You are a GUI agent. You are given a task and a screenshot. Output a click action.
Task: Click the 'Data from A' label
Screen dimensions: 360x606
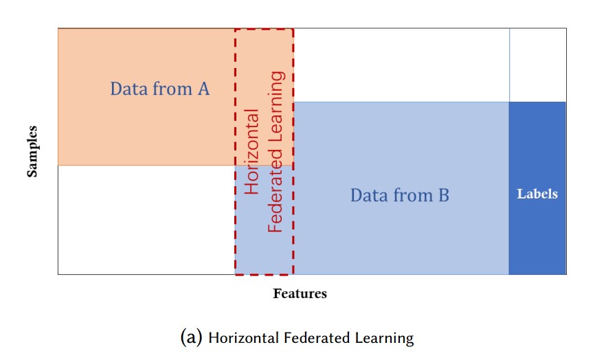[159, 89]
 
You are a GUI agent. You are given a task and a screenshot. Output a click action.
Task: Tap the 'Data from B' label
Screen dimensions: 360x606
[399, 195]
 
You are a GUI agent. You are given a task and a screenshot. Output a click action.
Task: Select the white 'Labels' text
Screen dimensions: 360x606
[537, 194]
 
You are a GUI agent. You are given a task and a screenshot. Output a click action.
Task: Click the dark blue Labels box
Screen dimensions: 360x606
[537, 227]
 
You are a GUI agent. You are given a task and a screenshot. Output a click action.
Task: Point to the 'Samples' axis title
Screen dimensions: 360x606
[32, 152]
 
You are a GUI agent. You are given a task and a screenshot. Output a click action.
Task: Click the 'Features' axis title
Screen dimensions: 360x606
[300, 294]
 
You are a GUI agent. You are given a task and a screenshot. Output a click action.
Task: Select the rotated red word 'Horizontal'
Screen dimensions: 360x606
[252, 150]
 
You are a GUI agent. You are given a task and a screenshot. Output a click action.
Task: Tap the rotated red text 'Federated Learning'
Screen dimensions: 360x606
[276, 151]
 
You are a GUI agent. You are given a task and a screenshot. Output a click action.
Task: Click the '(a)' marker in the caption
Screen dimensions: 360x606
[191, 337]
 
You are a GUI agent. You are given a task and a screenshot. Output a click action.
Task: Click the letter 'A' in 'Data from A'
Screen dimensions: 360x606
[203, 89]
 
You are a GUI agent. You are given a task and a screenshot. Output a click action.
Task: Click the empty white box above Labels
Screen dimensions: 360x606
[537, 65]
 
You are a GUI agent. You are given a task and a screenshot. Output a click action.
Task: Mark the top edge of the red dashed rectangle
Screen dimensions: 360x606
[265, 30]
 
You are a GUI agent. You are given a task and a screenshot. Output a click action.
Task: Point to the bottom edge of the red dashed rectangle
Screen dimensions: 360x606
[265, 274]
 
